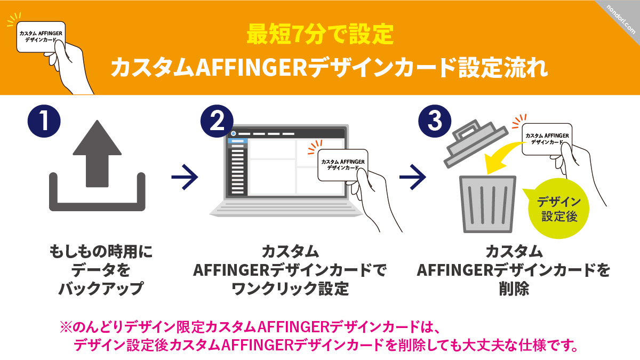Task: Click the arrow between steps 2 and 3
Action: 413,177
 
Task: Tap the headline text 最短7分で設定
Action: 319,35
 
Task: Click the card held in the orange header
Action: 41,37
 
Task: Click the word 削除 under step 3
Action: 514,289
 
